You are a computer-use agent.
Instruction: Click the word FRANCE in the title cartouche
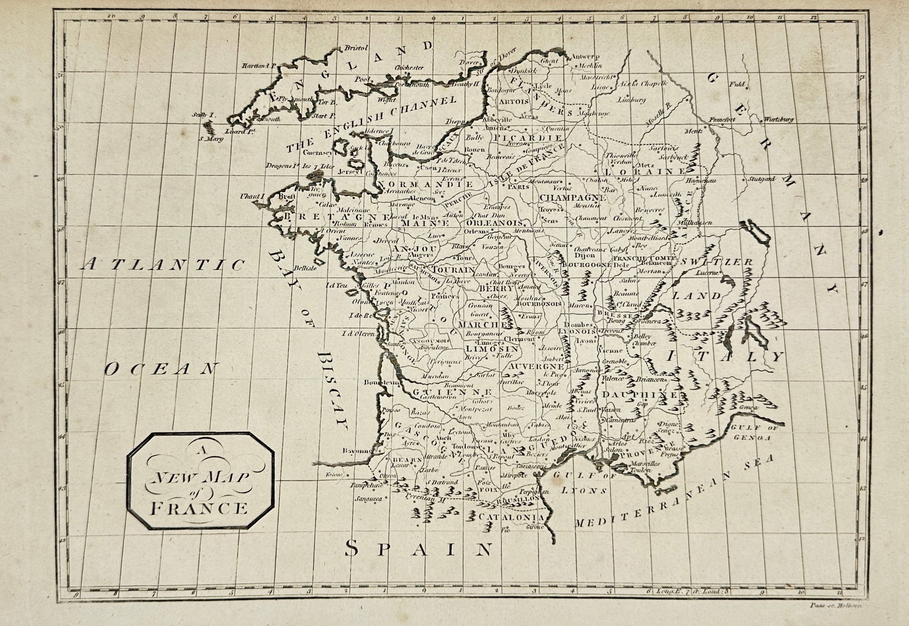click(x=199, y=507)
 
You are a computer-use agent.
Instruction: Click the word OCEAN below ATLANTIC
click(x=161, y=370)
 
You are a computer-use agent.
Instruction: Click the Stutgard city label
click(x=762, y=179)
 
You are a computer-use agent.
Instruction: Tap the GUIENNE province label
click(x=452, y=393)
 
